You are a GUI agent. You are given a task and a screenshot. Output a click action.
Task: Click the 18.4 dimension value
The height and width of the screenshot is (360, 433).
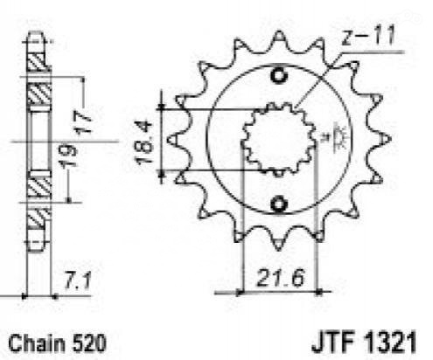[145, 142]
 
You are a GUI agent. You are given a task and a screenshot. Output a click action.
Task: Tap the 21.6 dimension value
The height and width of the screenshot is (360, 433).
[281, 278]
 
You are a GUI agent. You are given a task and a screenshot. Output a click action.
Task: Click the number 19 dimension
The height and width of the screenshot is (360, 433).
[68, 156]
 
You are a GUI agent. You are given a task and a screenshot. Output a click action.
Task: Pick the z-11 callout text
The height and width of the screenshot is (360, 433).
[368, 36]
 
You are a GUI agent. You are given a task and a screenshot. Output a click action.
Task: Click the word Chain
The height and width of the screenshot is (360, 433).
[37, 343]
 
